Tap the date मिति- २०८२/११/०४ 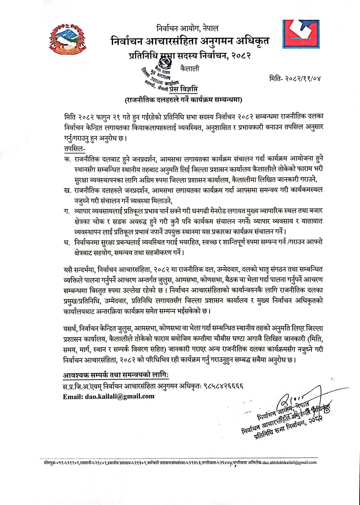point(295,78)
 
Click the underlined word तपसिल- point(74,148)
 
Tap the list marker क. point(67,159)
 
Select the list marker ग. point(67,211)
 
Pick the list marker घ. point(67,242)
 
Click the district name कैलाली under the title point(189,69)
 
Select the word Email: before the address point(73,396)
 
